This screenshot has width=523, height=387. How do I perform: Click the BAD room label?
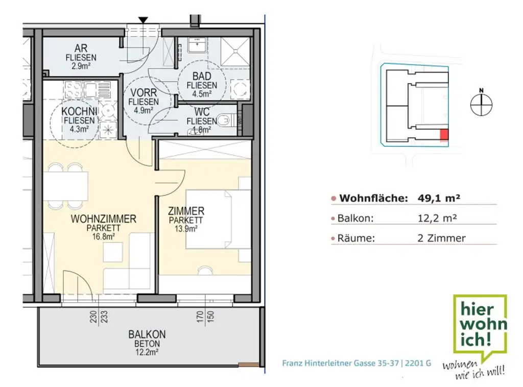(x=202, y=77)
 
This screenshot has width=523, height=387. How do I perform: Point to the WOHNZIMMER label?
(x=104, y=219)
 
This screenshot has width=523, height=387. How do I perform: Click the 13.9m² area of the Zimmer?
(x=186, y=229)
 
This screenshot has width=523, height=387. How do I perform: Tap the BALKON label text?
(x=147, y=334)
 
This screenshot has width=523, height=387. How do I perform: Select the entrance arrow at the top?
(x=144, y=20)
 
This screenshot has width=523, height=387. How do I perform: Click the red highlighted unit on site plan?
(x=444, y=135)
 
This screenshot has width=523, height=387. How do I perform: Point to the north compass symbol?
(x=481, y=104)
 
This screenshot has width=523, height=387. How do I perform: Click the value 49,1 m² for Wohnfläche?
(x=436, y=198)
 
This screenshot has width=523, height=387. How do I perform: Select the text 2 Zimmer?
(x=441, y=238)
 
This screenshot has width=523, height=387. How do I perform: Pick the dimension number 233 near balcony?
(x=105, y=317)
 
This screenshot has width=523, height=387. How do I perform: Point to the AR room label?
(x=81, y=49)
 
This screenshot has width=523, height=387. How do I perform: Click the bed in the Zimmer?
(x=209, y=220)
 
